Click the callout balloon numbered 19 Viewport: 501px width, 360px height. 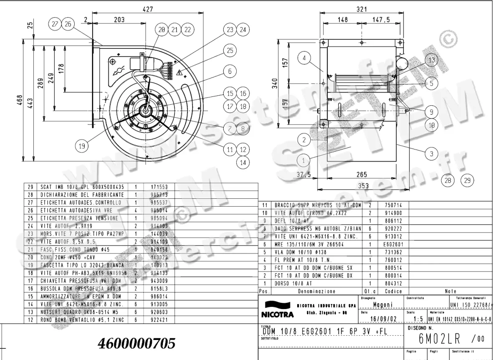click(x=82, y=146)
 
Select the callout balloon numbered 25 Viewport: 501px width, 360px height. click(x=230, y=51)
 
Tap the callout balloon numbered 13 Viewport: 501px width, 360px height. click(x=432, y=60)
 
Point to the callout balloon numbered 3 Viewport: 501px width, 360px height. click(x=432, y=153)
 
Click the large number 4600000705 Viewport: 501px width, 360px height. click(x=136, y=343)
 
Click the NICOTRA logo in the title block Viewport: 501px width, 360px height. click(x=273, y=310)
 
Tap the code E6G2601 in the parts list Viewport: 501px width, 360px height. click(x=393, y=244)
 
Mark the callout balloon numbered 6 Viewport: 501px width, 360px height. click(x=230, y=71)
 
